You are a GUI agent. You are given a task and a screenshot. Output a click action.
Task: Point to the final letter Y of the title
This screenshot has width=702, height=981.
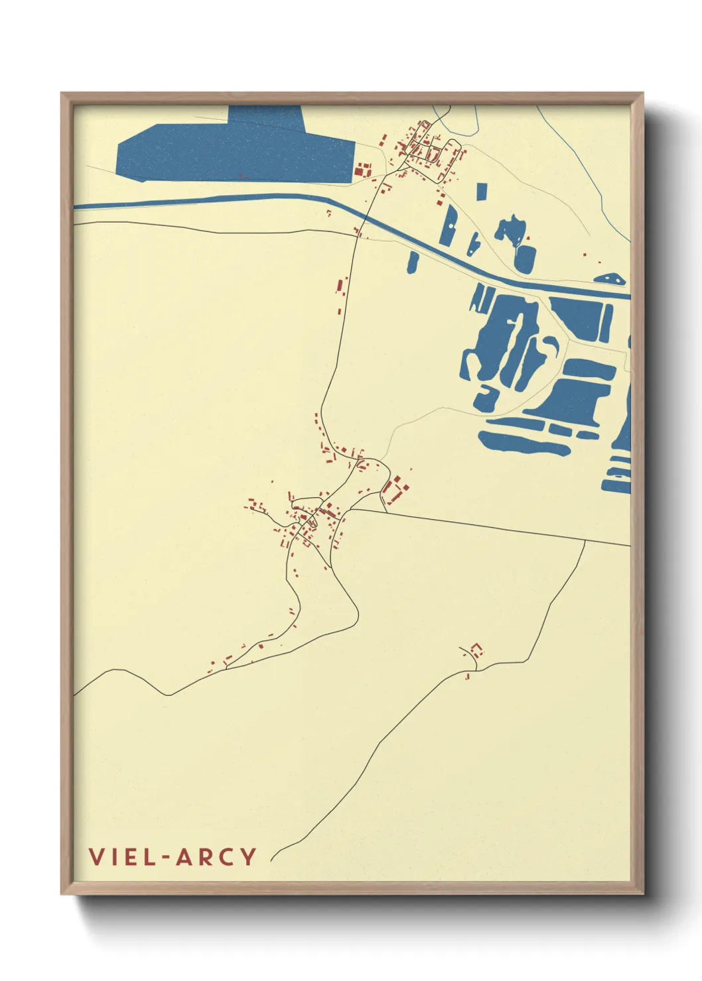point(249,856)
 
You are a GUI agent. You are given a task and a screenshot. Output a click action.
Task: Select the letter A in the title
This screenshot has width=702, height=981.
point(184,856)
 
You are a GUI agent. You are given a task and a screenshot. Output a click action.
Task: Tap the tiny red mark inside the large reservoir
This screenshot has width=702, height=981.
point(241,176)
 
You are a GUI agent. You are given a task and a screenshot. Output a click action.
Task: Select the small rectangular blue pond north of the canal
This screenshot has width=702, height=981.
point(481,190)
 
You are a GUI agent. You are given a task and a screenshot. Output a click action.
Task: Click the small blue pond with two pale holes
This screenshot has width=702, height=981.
point(509,231)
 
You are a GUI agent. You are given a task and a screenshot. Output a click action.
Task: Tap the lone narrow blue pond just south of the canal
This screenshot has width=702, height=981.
point(413,261)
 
